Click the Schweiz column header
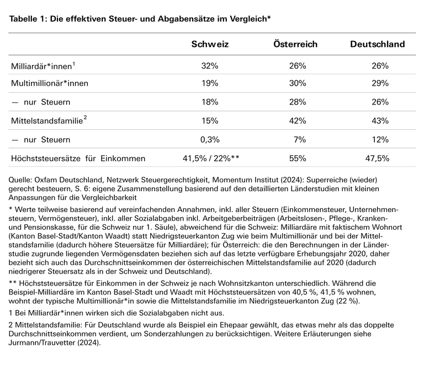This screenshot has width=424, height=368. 210,44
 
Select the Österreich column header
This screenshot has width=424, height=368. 295,44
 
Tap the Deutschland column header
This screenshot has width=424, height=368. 377,44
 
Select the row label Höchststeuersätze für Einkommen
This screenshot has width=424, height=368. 78,159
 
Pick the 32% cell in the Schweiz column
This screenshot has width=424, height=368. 210,66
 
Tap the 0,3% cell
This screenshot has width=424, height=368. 210,140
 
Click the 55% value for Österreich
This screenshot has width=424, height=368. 297,159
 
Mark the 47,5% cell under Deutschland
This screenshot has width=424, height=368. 377,159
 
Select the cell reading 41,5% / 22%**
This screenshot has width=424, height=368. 210,159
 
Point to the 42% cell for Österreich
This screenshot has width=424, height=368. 297,121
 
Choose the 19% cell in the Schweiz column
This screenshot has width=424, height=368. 210,84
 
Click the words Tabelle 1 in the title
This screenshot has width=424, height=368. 28,18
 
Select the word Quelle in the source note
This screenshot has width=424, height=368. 22,180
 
